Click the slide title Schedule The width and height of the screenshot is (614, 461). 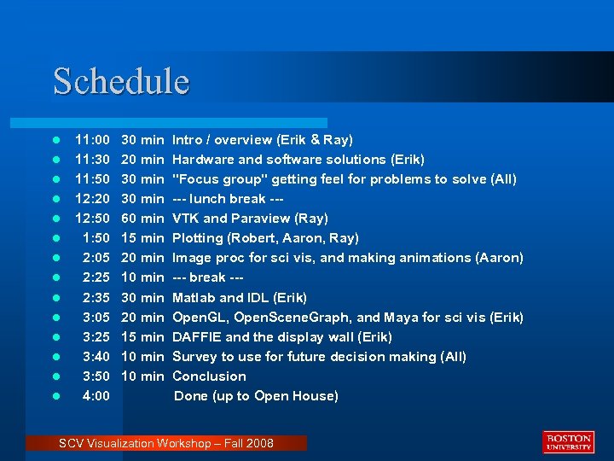click(121, 81)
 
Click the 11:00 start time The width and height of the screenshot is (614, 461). click(92, 139)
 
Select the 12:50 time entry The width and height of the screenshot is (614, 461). click(92, 219)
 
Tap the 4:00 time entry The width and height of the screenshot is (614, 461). click(96, 396)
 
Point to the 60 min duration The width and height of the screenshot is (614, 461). click(142, 219)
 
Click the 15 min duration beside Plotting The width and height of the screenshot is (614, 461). click(142, 238)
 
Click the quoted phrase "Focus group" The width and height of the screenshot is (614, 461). click(219, 179)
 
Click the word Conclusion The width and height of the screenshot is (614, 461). click(209, 376)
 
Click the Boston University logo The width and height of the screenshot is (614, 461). click(567, 441)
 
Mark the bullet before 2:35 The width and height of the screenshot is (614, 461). click(55, 298)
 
